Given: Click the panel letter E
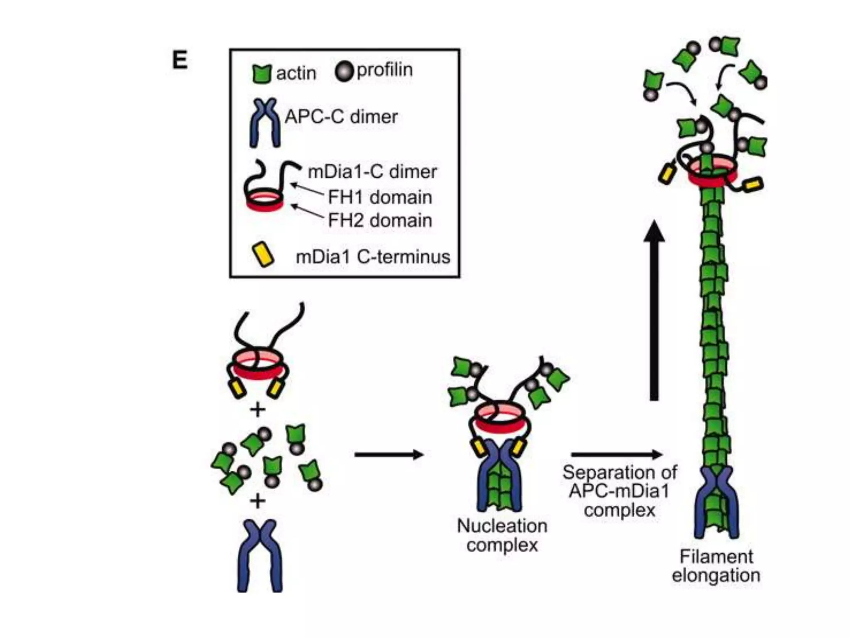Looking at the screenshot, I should coord(180,60).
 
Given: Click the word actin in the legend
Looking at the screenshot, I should coord(296,74).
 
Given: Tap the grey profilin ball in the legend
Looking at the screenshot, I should coord(344,71).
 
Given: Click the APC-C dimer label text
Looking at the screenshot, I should coord(341,116).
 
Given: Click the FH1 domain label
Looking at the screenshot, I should coord(379,197).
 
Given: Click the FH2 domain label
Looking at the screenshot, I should coord(379,220).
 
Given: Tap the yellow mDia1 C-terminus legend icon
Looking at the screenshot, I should coord(263,254).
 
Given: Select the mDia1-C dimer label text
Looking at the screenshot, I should coord(372,172).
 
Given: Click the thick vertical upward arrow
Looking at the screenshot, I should coord(654,312).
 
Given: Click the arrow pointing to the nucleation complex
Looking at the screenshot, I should coord(388,454).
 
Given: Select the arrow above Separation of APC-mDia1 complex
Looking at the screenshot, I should coord(616,454).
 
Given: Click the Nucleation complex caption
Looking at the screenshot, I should coord(502,535).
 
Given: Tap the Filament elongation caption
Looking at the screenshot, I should coord(716,566).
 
